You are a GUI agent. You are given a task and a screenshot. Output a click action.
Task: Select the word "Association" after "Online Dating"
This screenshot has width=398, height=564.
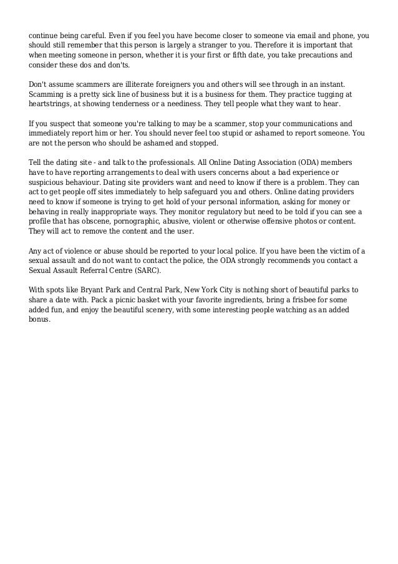(x=258, y=162)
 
